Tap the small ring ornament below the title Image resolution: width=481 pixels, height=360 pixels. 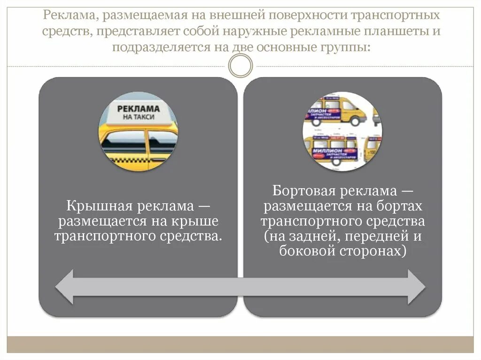point(240,65)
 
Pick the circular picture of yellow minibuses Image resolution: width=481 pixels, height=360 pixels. point(342,132)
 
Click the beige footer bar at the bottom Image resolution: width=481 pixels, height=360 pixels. point(240,344)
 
